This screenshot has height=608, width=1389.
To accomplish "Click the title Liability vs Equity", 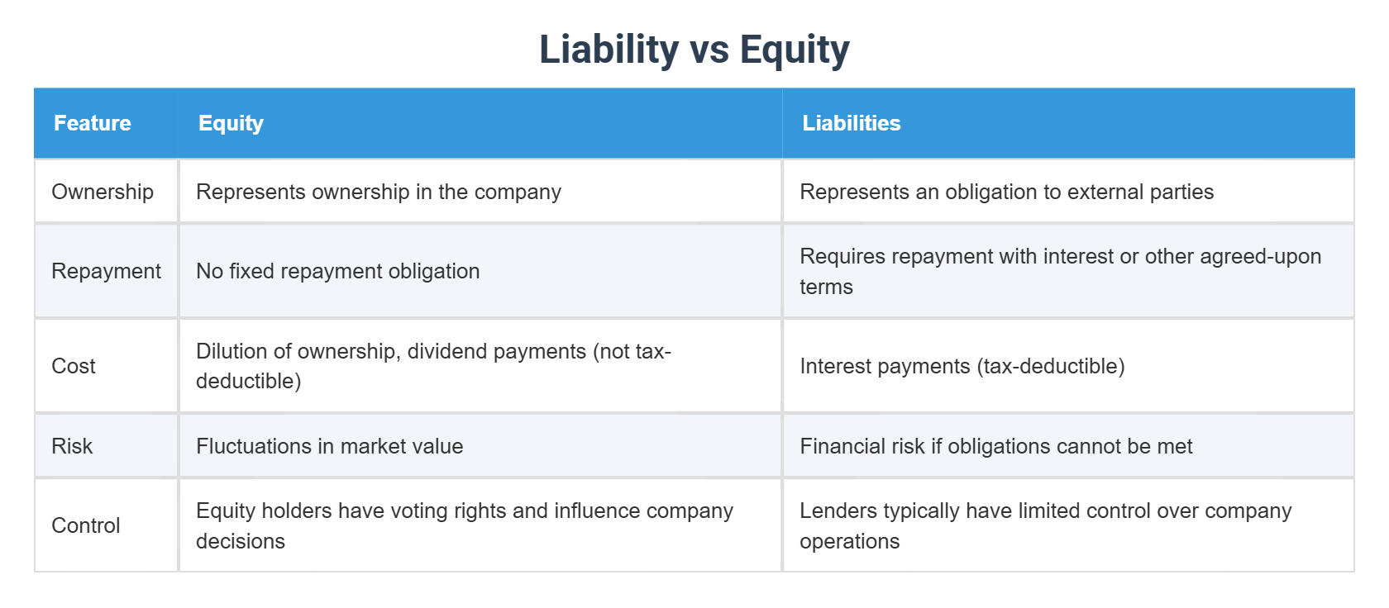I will pos(694,50).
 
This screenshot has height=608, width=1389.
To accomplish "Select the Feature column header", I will pos(92,123).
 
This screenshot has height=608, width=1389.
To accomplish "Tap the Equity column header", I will pos(231,123).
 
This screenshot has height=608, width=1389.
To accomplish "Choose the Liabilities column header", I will pos(851,123).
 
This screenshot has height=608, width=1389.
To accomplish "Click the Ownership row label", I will pos(103,192).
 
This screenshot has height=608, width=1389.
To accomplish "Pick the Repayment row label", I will pos(106,271).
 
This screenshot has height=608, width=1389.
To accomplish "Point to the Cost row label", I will pos(74,366).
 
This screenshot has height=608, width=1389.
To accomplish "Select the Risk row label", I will pos(72,446).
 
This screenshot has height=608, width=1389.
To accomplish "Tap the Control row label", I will pos(86,525).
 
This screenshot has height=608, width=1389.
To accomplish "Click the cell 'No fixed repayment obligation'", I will pos(337,271).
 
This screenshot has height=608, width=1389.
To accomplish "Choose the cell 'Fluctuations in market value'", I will pos(329,446).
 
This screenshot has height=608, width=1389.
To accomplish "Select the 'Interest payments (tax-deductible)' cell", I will pos(962,366).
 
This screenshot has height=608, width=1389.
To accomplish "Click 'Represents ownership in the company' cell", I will pos(378,192).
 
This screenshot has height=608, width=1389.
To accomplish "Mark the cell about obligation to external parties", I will pos(1006,192).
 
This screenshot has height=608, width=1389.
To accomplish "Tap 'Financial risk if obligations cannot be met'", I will pos(995,446).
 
